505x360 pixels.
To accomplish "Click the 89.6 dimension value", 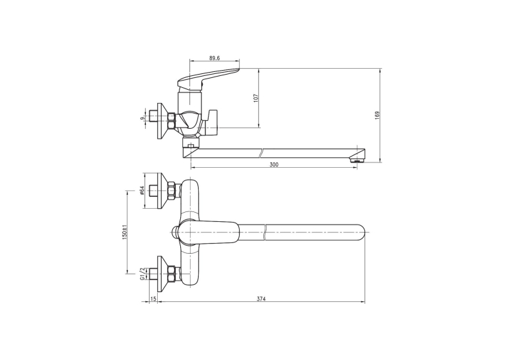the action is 214,58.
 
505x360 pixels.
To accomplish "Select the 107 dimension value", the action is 256,98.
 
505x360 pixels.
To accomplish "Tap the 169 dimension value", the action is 378,116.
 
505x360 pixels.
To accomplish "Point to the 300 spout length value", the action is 274,164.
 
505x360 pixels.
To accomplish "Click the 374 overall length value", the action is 261,299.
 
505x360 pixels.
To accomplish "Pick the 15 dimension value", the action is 153,299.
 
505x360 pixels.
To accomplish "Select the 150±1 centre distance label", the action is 125,231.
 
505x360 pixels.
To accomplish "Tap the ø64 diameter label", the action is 142,190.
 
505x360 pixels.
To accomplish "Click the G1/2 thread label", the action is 142,273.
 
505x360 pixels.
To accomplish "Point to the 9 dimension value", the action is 142,119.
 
